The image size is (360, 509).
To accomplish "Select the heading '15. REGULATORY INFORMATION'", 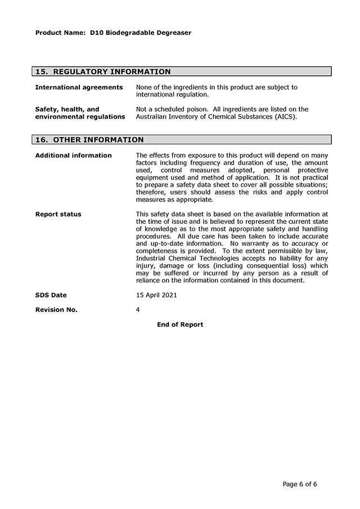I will tap(103, 71).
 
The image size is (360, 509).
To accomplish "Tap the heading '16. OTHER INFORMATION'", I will tap(89, 139).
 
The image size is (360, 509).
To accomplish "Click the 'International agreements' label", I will tap(79, 87).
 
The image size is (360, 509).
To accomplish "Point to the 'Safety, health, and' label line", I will tap(67, 109).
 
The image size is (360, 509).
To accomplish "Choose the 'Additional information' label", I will tap(73, 155).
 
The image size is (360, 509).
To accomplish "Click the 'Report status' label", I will tap(58, 214).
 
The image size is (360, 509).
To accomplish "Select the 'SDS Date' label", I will tap(51, 295).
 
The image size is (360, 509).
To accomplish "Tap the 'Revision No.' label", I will tap(56, 309).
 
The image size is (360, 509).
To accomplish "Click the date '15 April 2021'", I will tap(156, 295).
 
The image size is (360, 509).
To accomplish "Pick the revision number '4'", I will tap(138, 309).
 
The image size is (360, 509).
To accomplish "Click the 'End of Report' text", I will tap(180, 325).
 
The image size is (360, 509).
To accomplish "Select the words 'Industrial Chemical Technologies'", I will tap(190, 258).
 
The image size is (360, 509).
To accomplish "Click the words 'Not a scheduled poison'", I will tap(172, 109).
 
